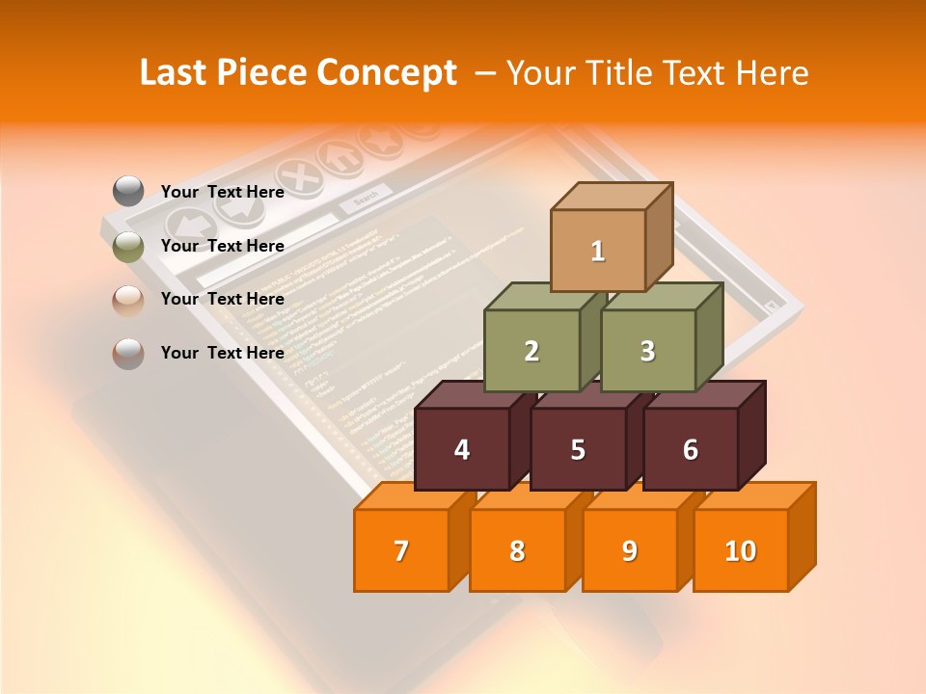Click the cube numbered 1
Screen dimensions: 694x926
598,251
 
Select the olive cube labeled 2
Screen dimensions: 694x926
531,351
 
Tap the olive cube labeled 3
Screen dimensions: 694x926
647,351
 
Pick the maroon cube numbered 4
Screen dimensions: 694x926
462,449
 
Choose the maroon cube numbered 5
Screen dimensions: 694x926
578,449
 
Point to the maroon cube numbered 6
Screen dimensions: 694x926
690,449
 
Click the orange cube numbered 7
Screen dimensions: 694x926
401,550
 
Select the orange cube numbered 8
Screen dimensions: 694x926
517,550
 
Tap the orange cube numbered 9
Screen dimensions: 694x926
629,550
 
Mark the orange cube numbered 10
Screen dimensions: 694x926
740,550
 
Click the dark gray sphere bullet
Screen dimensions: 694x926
128,192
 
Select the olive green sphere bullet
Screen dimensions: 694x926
128,246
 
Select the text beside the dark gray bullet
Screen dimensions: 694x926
223,192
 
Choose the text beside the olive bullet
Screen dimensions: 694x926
223,246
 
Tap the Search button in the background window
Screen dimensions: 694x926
366,199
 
